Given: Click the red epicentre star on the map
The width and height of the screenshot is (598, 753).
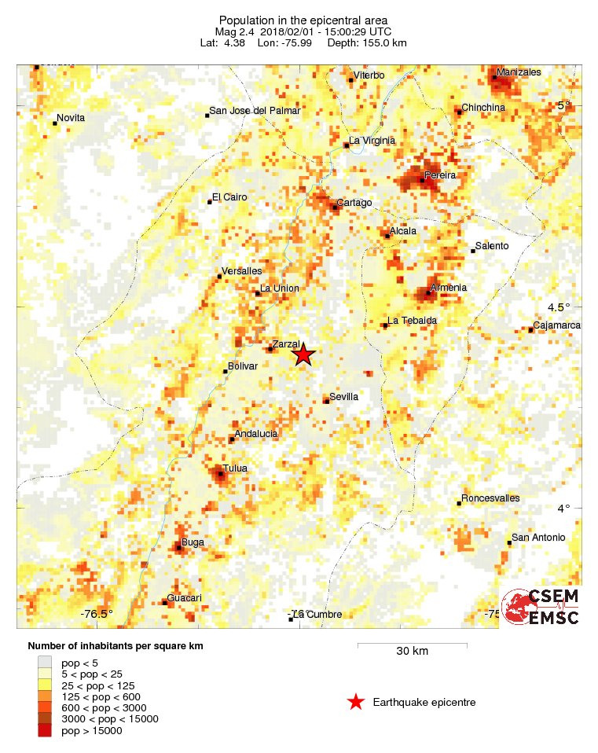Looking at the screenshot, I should (303, 355).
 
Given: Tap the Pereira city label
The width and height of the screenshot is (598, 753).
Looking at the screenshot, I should (440, 174).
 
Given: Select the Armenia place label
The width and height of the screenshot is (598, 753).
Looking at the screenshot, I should (449, 288).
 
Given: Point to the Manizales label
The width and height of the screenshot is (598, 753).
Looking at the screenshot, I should (518, 72).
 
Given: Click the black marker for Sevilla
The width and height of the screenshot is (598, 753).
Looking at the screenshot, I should (326, 402).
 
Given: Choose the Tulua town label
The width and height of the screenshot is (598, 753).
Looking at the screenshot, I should (235, 468).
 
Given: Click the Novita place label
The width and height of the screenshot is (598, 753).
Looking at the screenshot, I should (71, 118).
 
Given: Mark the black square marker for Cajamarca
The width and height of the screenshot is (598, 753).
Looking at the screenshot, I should (530, 330).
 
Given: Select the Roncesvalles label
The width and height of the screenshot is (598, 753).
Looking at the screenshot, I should (490, 498).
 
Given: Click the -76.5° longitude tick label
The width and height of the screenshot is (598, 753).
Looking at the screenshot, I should (97, 615).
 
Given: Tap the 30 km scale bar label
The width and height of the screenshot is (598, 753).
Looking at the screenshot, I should (412, 652).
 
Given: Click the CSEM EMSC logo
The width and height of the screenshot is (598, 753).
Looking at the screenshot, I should (541, 606).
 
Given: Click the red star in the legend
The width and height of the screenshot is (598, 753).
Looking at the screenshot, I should (356, 702).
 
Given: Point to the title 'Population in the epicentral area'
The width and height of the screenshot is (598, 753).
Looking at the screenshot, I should (303, 20).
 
